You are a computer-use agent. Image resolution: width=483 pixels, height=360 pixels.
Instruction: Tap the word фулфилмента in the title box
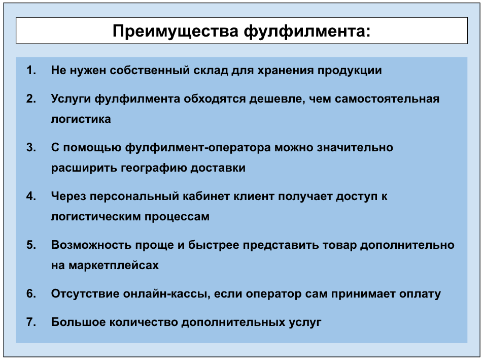[307, 31]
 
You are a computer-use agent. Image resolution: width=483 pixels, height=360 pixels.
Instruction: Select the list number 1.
[31, 70]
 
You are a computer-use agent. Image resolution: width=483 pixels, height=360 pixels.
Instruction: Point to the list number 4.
[31, 196]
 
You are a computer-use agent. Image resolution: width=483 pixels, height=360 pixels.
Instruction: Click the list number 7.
[31, 322]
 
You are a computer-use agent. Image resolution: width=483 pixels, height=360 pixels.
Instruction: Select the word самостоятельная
[387, 99]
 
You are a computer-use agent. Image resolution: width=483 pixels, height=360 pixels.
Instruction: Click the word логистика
[81, 119]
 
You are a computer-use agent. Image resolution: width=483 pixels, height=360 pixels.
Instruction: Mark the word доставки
[218, 168]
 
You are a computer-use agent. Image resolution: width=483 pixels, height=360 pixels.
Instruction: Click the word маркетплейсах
[114, 266]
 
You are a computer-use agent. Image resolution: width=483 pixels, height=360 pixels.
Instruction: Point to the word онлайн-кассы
[166, 293]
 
